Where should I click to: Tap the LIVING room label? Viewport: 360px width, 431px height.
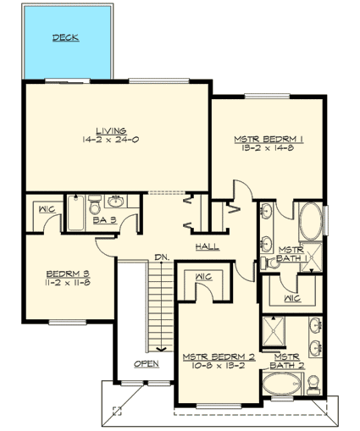tap(111, 130)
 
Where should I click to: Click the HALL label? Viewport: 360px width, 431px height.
tap(208, 247)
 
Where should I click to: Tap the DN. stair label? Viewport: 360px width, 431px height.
tap(162, 258)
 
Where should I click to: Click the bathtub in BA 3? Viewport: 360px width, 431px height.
tap(75, 215)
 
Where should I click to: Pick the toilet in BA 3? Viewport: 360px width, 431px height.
tap(95, 205)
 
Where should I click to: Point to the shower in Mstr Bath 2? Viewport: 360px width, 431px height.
tap(276, 329)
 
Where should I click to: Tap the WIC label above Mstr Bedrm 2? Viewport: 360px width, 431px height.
tap(202, 276)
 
